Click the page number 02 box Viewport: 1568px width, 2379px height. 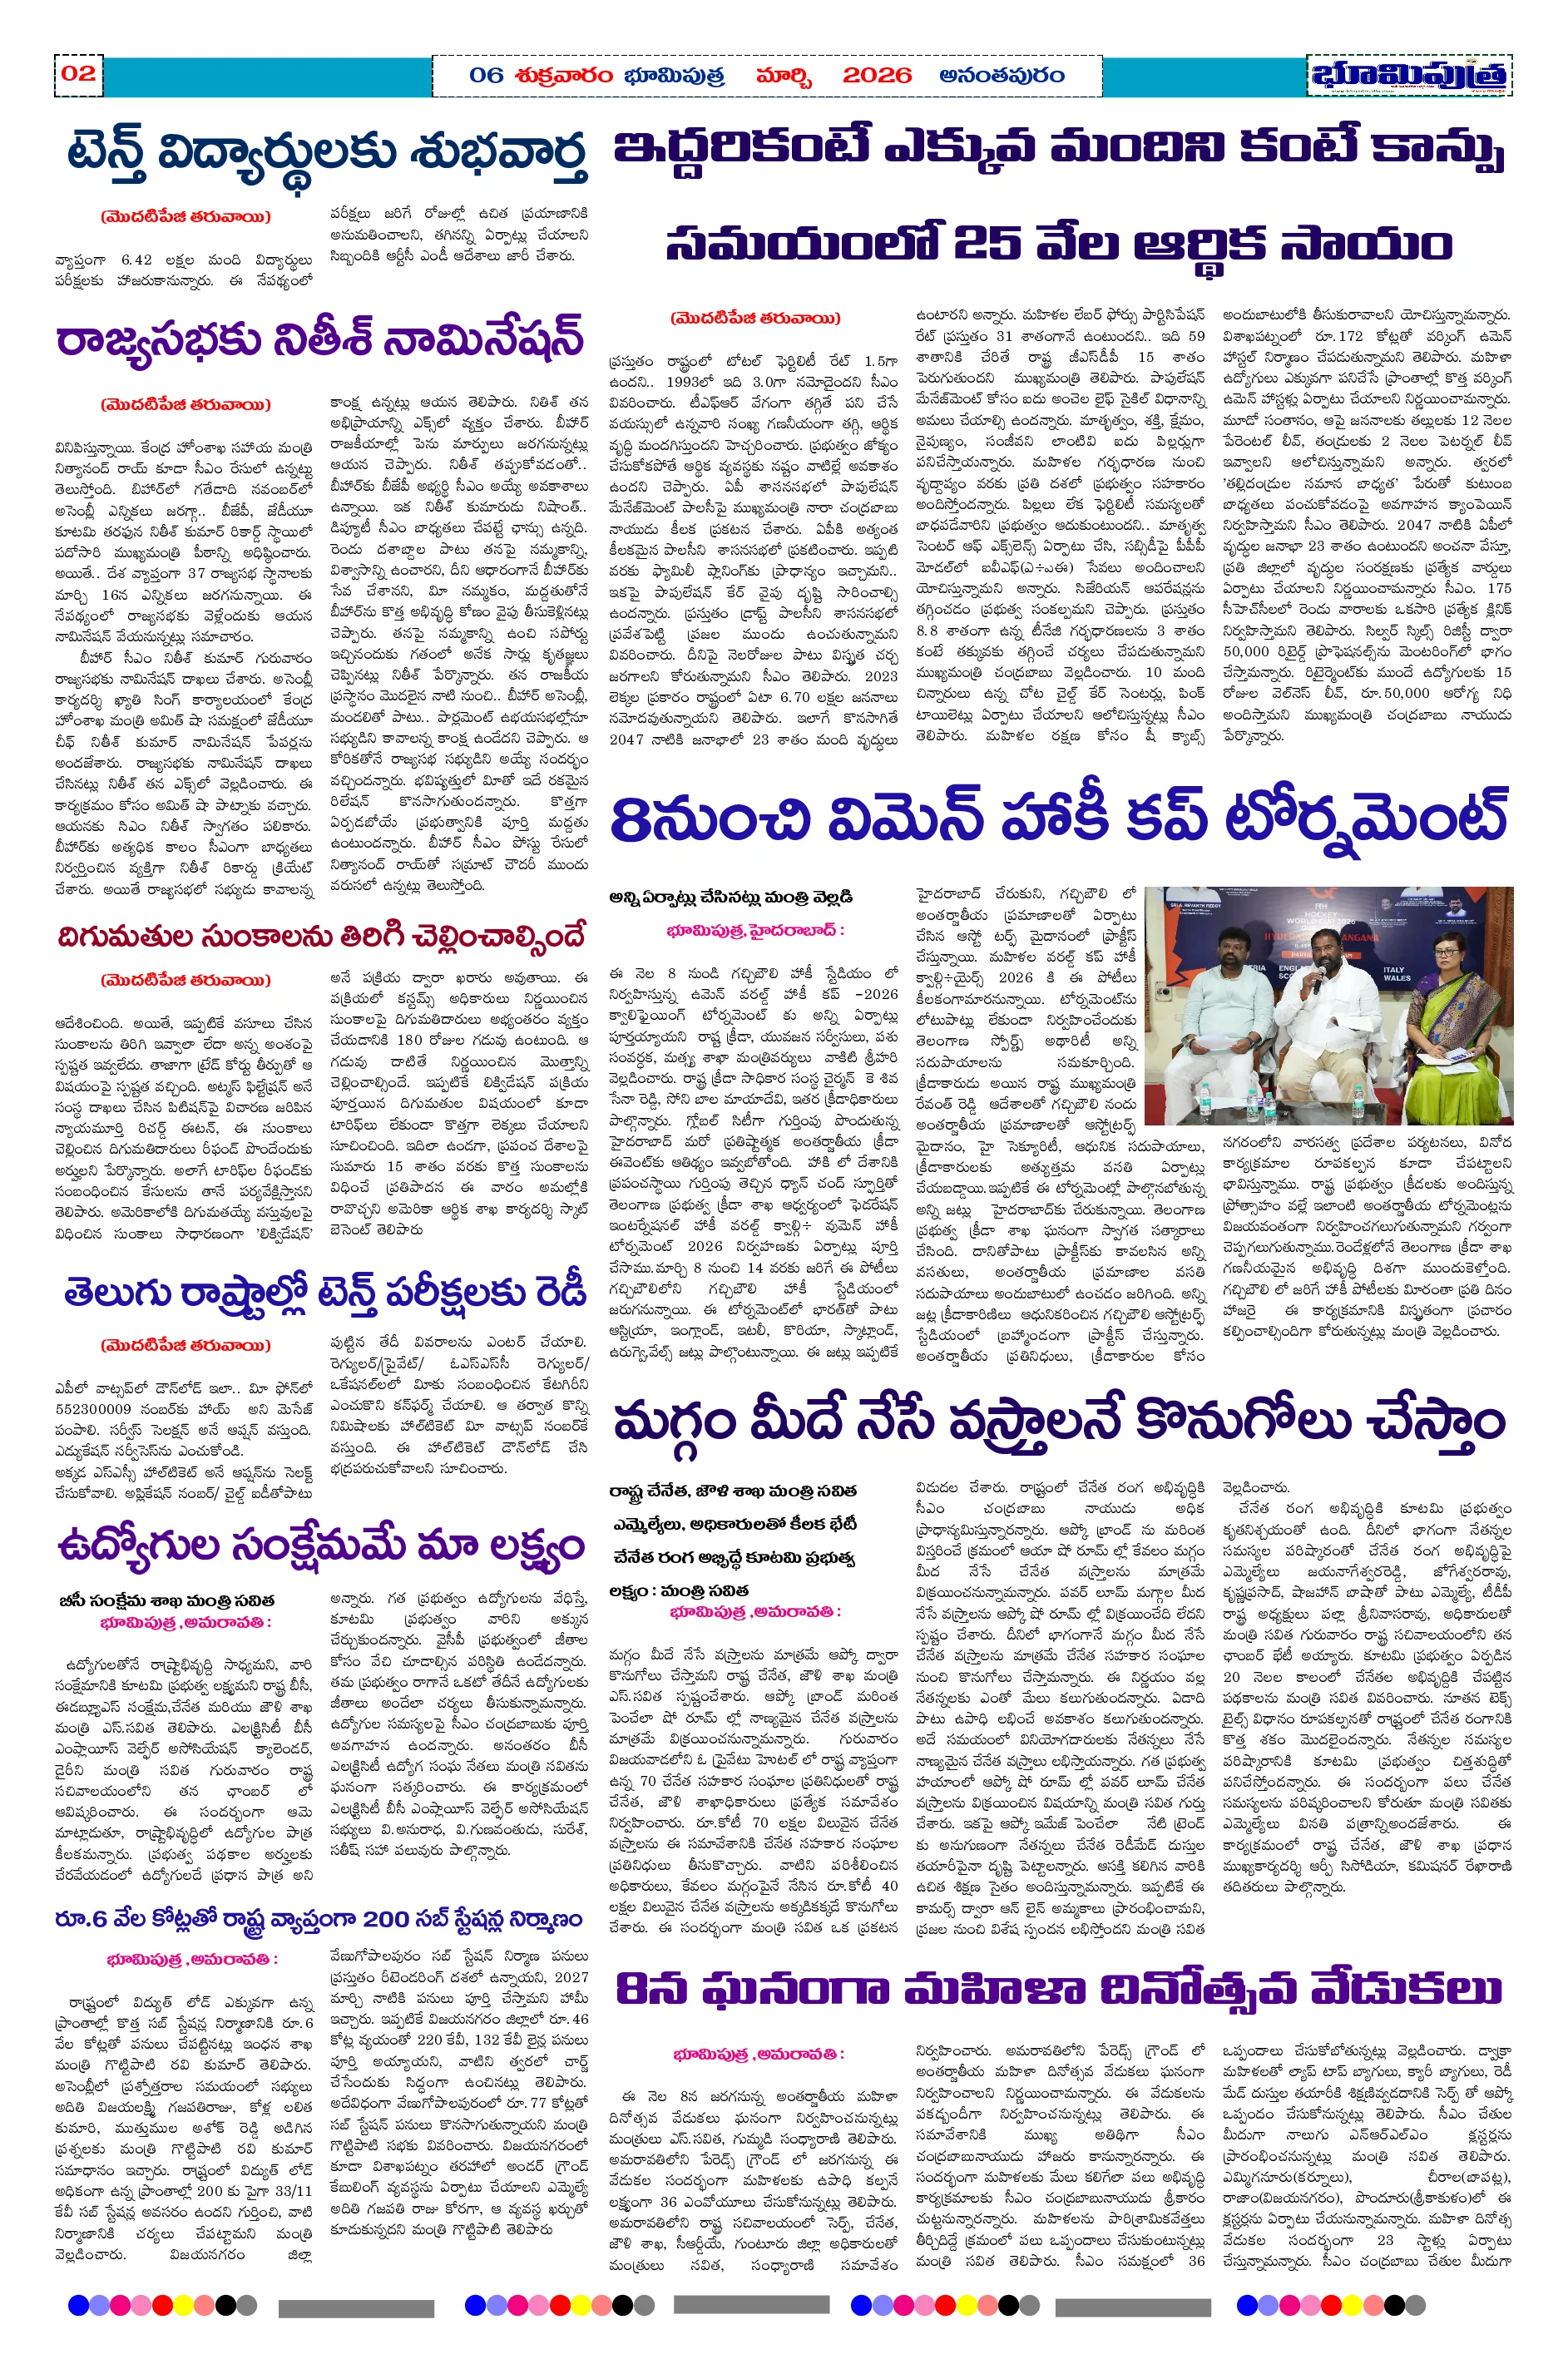[78, 73]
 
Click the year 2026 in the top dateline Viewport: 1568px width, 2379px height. [876, 75]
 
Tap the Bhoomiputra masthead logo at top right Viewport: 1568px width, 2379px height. [1408, 76]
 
